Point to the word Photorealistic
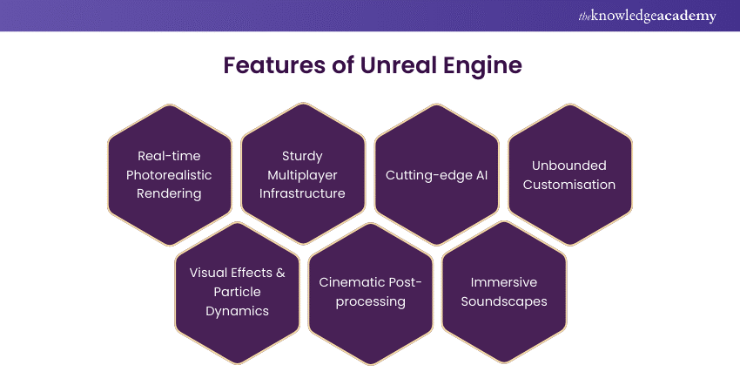pyautogui.click(x=169, y=174)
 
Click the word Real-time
pyautogui.click(x=169, y=156)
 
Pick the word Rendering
pyautogui.click(x=169, y=193)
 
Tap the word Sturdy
pyautogui.click(x=302, y=156)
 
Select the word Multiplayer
pyautogui.click(x=302, y=174)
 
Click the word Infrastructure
pyautogui.click(x=302, y=193)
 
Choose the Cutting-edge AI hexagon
pyautogui.click(x=435, y=174)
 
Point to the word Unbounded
pyautogui.click(x=569, y=166)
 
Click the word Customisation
pyautogui.click(x=569, y=185)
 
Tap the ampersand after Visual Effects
pyautogui.click(x=279, y=273)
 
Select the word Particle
pyautogui.click(x=238, y=291)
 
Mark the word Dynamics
pyautogui.click(x=238, y=310)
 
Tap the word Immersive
pyautogui.click(x=504, y=282)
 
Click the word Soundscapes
pyautogui.click(x=504, y=301)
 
